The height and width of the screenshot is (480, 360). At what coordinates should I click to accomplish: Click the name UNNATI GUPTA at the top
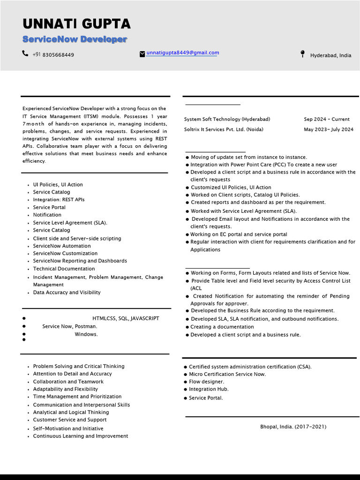tap(76, 24)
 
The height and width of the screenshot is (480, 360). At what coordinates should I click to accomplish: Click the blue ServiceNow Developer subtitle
tap(75, 39)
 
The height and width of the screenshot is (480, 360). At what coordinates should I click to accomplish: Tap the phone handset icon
tap(25, 53)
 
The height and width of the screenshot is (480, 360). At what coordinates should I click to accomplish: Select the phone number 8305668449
tap(58, 55)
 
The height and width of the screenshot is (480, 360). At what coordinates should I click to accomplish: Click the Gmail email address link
tap(182, 53)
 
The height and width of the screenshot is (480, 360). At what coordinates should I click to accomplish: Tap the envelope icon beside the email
tap(142, 54)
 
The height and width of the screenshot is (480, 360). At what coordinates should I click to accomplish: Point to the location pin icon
tap(302, 54)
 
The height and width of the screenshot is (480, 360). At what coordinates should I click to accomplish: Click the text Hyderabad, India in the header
tap(330, 55)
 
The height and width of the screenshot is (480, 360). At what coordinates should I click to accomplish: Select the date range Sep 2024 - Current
tap(326, 119)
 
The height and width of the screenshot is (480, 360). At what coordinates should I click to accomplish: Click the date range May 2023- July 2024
tap(328, 129)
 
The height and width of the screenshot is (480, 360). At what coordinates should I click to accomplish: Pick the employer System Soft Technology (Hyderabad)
tap(227, 119)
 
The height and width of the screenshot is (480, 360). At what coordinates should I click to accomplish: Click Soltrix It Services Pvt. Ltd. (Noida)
tap(224, 129)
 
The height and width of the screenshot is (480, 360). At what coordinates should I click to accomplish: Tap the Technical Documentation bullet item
tap(64, 269)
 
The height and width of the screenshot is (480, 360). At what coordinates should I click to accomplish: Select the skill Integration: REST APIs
tap(59, 200)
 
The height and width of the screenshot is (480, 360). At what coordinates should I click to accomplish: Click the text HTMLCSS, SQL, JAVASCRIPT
tap(126, 318)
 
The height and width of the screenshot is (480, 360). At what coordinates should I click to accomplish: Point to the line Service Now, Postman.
tap(69, 326)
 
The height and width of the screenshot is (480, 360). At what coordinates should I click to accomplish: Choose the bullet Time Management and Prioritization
tap(77, 397)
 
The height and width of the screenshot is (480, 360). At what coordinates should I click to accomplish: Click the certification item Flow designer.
tap(206, 382)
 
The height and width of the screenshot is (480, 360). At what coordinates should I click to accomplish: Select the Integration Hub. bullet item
tap(209, 389)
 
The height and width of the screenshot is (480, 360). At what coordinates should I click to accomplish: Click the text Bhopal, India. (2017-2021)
tap(293, 427)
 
